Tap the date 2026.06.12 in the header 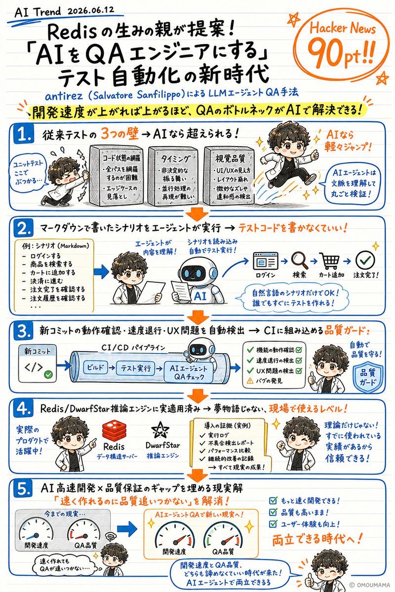tap(91, 10)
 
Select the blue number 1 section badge tap(24, 135)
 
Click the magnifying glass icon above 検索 tap(300, 260)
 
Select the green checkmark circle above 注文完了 tap(365, 260)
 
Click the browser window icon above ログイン tap(266, 260)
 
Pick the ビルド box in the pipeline tap(95, 368)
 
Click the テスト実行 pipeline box tap(136, 368)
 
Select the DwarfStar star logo tap(160, 431)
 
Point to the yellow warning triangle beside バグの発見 tap(250, 381)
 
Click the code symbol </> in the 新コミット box tap(34, 367)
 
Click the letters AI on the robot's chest tap(200, 296)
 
